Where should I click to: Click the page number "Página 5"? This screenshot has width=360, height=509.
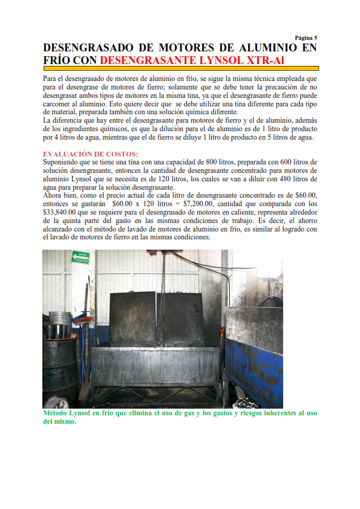pyautogui.click(x=306, y=37)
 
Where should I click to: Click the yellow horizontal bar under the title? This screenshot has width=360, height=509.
pyautogui.click(x=181, y=69)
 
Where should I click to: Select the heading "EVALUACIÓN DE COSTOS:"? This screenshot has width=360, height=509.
pyautogui.click(x=91, y=154)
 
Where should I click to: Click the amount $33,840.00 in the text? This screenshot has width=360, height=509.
pyautogui.click(x=64, y=213)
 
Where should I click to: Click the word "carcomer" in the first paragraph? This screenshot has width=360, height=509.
pyautogui.click(x=59, y=104)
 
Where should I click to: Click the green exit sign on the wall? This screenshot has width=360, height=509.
pyautogui.click(x=80, y=257)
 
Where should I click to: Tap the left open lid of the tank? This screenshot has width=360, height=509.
pyautogui.click(x=133, y=319)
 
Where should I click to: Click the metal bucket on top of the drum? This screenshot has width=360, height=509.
pyautogui.click(x=61, y=324)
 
